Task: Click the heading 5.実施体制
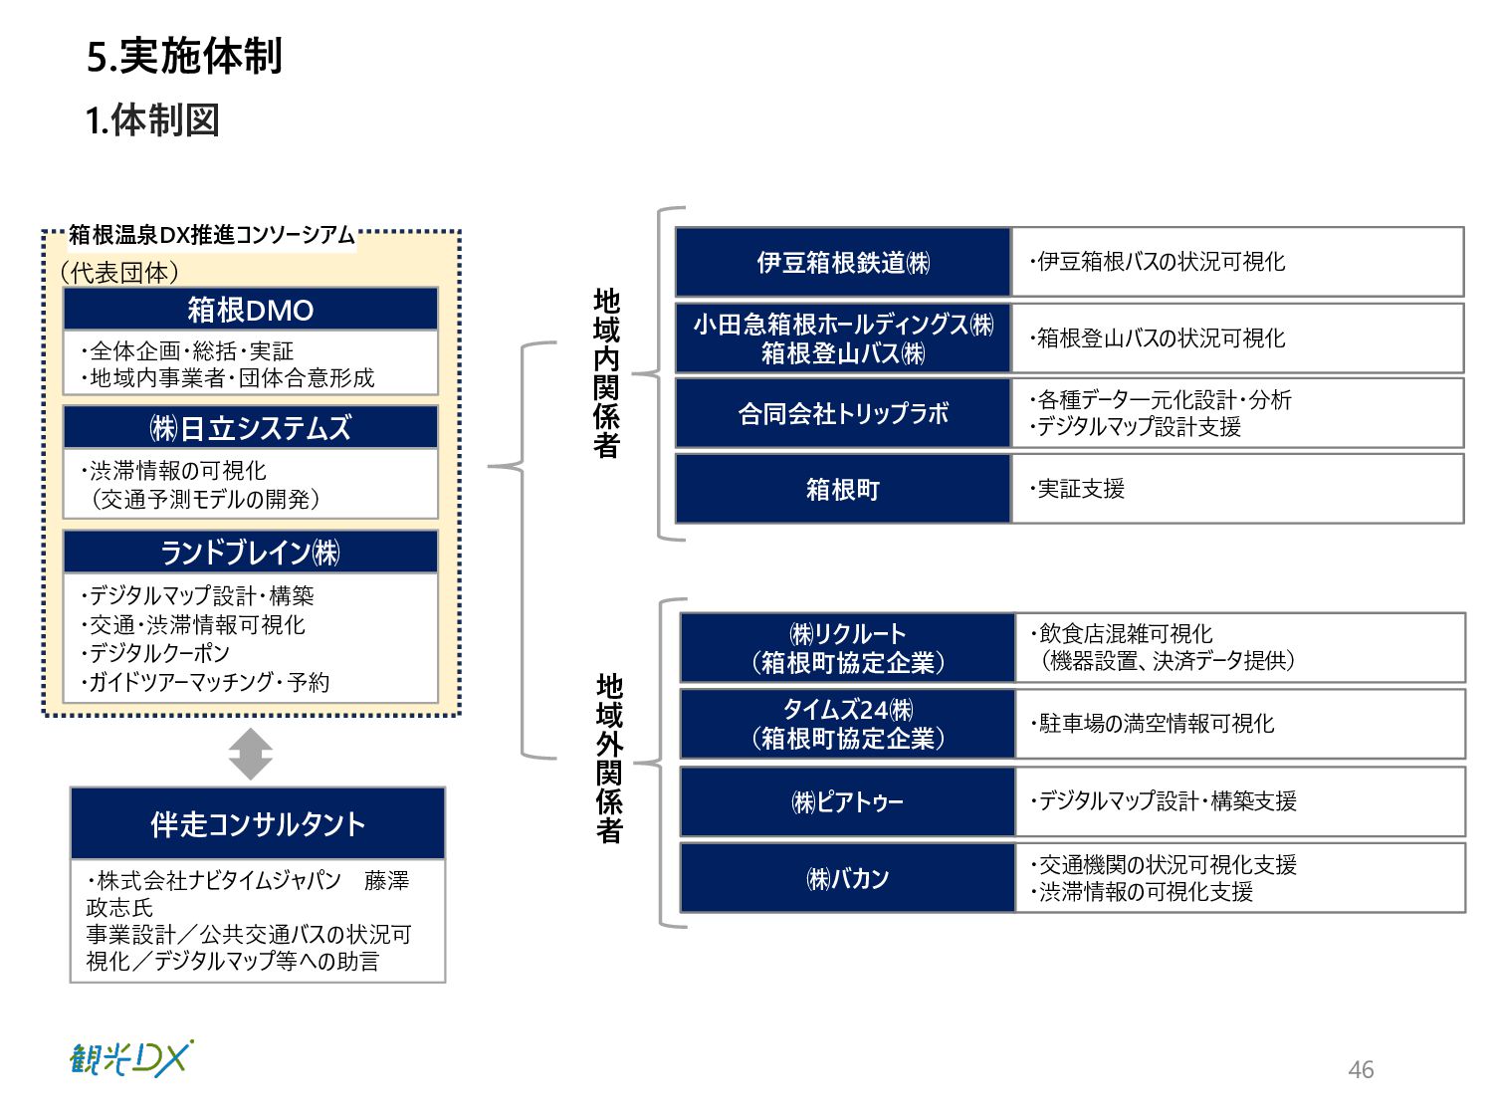click(x=184, y=57)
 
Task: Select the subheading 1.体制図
click(x=152, y=120)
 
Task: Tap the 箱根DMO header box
click(x=251, y=310)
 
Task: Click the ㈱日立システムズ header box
click(x=251, y=428)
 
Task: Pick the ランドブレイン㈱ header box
click(x=251, y=553)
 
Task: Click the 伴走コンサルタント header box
click(x=258, y=824)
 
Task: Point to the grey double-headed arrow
click(x=250, y=754)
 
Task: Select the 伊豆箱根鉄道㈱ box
click(x=843, y=262)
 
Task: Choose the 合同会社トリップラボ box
click(x=843, y=413)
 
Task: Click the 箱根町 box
click(x=843, y=489)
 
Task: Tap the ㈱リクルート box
click(x=847, y=648)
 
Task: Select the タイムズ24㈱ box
click(x=847, y=724)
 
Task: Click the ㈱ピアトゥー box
click(x=847, y=801)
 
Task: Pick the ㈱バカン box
click(x=847, y=878)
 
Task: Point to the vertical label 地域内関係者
click(x=606, y=373)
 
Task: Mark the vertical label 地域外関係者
click(x=609, y=759)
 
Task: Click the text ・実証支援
click(x=1078, y=489)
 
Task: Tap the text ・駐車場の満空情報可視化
click(x=1153, y=724)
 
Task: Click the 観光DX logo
click(x=130, y=1059)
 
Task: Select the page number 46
click(x=1361, y=1069)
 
